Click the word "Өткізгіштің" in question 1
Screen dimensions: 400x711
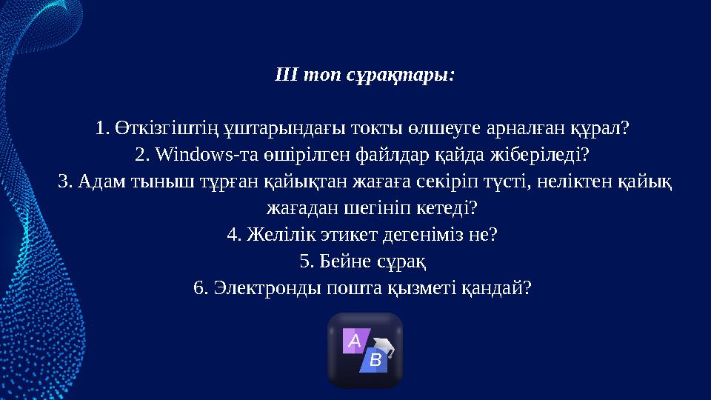(156, 129)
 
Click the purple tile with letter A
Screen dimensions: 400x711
(354, 341)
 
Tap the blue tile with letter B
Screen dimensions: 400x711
(375, 361)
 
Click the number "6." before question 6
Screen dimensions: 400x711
(200, 288)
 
